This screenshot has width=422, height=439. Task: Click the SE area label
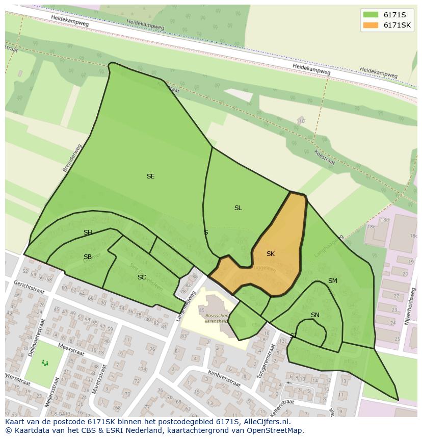(x=150, y=176)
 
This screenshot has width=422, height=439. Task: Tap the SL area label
(x=238, y=208)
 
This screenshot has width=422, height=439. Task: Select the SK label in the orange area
(x=271, y=254)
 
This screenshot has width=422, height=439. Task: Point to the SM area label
(x=332, y=281)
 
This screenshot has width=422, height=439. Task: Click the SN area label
(x=315, y=315)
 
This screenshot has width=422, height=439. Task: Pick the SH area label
(x=88, y=233)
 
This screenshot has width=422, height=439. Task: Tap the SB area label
(x=88, y=257)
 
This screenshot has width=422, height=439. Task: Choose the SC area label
(x=142, y=277)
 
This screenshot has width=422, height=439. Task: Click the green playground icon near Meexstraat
(x=45, y=363)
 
